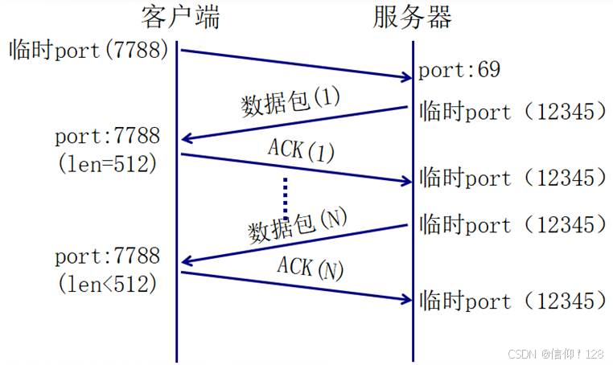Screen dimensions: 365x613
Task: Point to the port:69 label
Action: click(x=459, y=70)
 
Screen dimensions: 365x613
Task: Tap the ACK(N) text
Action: click(x=310, y=268)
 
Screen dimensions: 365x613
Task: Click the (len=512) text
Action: click(x=108, y=163)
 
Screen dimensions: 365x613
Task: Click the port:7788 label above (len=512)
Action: click(x=108, y=137)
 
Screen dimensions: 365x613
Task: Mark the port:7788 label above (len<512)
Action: click(x=108, y=257)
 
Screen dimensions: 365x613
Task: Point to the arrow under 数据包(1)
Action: click(x=294, y=123)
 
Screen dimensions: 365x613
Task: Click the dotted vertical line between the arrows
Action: click(x=285, y=198)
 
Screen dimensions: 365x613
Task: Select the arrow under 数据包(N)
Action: click(x=294, y=244)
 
